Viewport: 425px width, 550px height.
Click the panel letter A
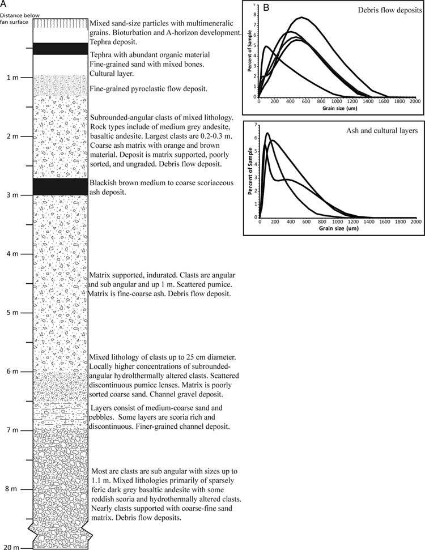tap(4, 4)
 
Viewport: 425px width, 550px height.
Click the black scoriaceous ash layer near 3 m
tap(61, 186)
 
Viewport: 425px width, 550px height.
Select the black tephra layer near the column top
tap(61, 49)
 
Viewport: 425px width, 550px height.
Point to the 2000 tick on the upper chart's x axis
tap(414, 101)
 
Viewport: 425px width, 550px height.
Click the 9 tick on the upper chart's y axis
tap(256, 5)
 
